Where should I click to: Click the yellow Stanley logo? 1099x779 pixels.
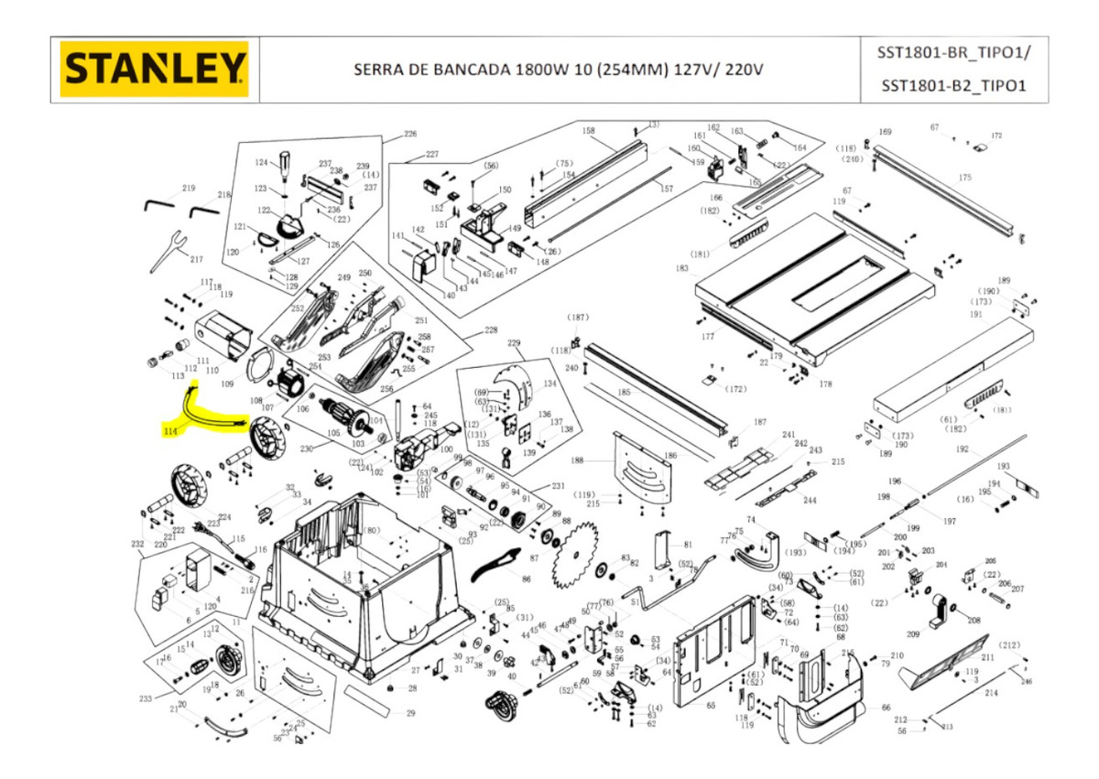pyautogui.click(x=155, y=69)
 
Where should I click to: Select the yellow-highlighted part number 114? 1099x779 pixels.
pyautogui.click(x=169, y=430)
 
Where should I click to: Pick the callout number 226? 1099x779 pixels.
pyautogui.click(x=409, y=135)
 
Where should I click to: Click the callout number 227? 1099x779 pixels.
pyautogui.click(x=432, y=154)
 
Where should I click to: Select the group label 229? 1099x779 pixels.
pyautogui.click(x=514, y=342)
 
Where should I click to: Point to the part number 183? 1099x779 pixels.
pyautogui.click(x=681, y=268)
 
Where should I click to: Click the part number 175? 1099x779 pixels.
pyautogui.click(x=964, y=177)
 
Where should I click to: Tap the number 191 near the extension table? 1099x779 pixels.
pyautogui.click(x=976, y=314)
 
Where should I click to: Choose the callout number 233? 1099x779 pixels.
pyautogui.click(x=145, y=698)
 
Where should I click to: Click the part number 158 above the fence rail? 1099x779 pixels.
pyautogui.click(x=588, y=131)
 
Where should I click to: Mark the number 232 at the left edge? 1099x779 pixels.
pyautogui.click(x=137, y=543)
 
